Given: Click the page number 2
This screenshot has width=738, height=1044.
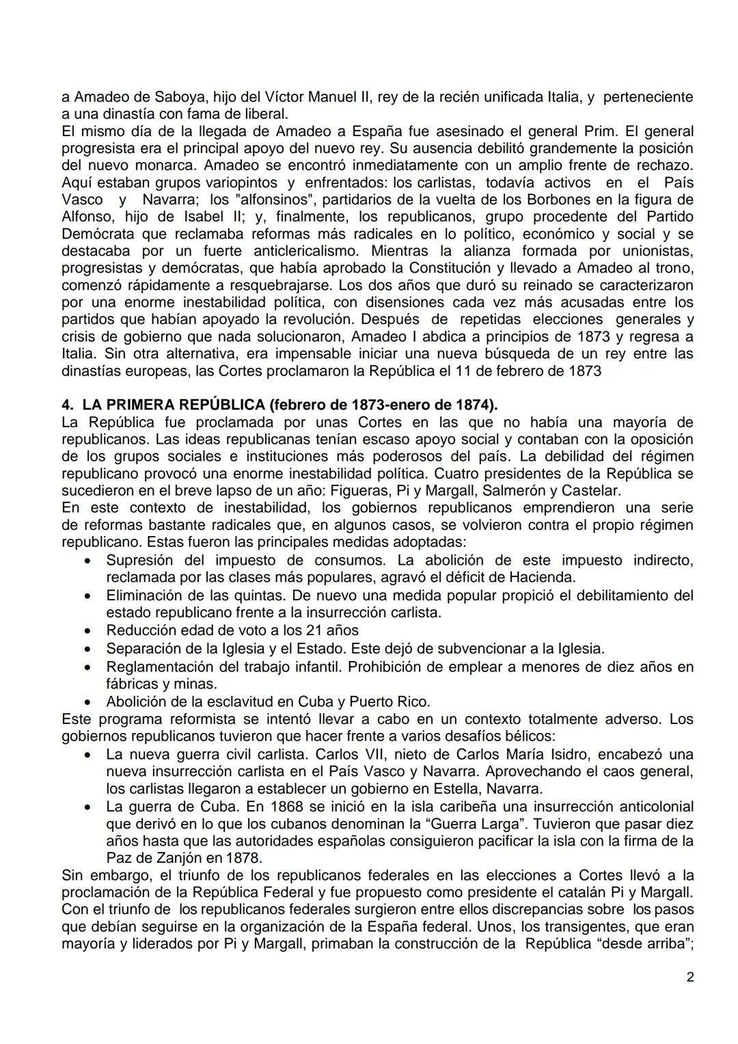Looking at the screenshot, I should point(689,978).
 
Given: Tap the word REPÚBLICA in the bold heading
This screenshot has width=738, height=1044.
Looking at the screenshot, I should point(218,405).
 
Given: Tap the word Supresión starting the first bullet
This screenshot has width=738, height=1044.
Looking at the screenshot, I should point(139,561).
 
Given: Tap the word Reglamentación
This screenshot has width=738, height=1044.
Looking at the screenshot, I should point(158,667).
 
